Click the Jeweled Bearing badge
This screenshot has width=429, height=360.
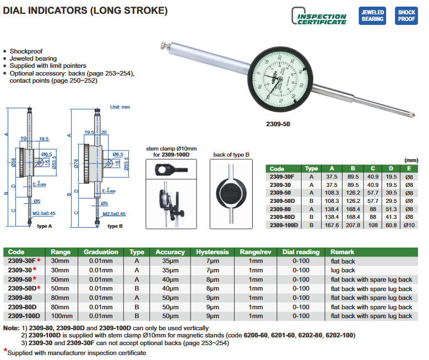372,15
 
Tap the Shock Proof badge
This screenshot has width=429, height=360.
406,15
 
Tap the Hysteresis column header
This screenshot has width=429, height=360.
212,252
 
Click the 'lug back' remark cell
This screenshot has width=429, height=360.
343,270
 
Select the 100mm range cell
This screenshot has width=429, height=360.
62,316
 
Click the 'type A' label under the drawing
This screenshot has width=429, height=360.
45,226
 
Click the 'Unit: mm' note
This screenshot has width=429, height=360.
120,106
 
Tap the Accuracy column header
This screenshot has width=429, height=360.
170,252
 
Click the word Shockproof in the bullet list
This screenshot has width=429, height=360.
26,51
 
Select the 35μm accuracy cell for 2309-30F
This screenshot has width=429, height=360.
170,261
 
